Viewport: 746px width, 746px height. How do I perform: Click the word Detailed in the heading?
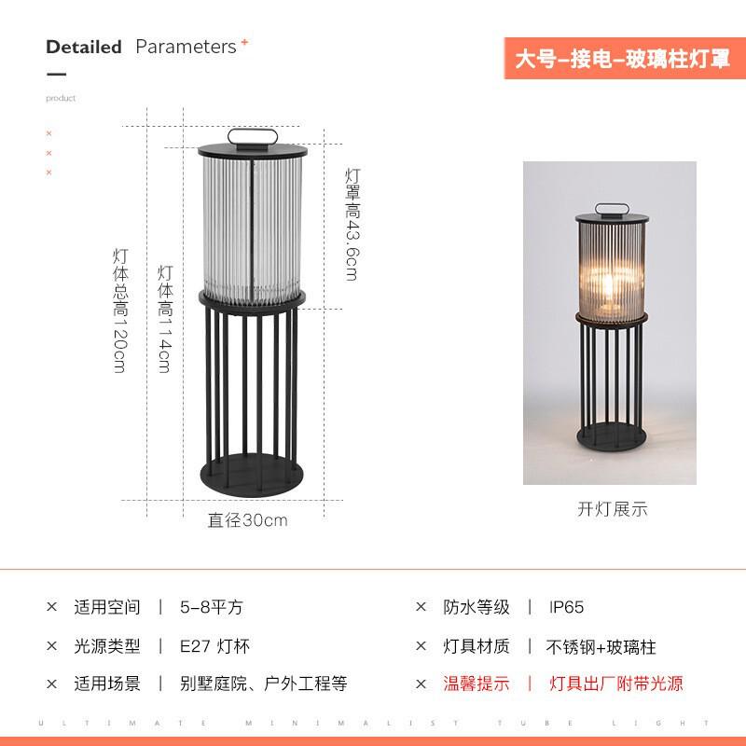tap(84, 47)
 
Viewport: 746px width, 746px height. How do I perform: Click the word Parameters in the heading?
tap(186, 47)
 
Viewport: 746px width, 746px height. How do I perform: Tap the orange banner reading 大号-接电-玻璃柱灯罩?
tap(616, 59)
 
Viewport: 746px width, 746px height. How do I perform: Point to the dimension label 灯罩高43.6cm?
tap(352, 224)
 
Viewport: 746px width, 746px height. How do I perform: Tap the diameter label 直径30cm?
tap(247, 520)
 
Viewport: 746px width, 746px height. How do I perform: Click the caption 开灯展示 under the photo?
tap(612, 509)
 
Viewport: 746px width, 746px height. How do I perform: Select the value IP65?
tap(566, 607)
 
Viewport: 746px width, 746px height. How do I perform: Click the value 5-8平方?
tap(212, 607)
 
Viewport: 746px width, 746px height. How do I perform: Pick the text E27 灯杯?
tap(215, 646)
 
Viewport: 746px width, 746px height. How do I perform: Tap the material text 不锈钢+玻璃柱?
tap(601, 646)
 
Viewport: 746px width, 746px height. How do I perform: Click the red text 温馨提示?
tap(477, 684)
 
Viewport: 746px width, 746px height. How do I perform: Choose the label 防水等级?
tap(477, 607)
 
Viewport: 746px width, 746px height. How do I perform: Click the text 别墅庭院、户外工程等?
tap(264, 684)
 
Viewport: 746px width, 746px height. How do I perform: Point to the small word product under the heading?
tap(61, 98)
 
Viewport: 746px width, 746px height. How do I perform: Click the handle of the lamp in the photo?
tap(611, 208)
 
